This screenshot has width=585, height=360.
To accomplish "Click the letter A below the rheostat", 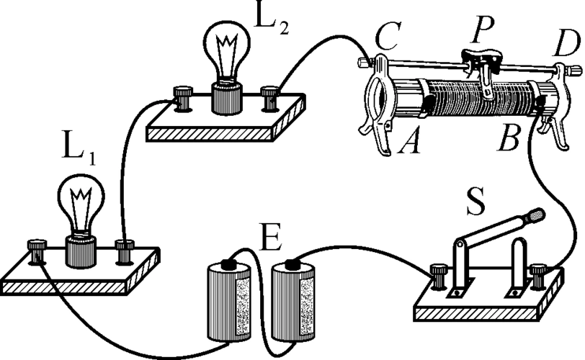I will (409, 148).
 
